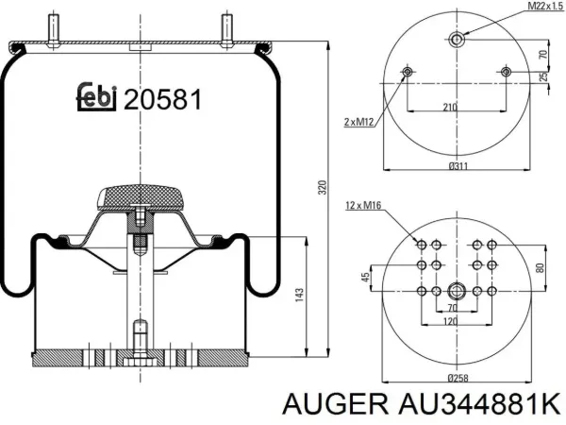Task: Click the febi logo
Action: click(x=97, y=96)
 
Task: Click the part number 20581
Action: click(x=163, y=100)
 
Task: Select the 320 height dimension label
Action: click(x=322, y=187)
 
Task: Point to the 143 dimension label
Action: click(x=299, y=295)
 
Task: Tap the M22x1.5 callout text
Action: click(x=546, y=6)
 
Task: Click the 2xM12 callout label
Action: click(x=358, y=122)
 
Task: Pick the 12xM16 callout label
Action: click(x=363, y=205)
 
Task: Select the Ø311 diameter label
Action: click(x=458, y=166)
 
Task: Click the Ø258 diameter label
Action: click(x=458, y=378)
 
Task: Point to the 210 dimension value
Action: click(x=450, y=107)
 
